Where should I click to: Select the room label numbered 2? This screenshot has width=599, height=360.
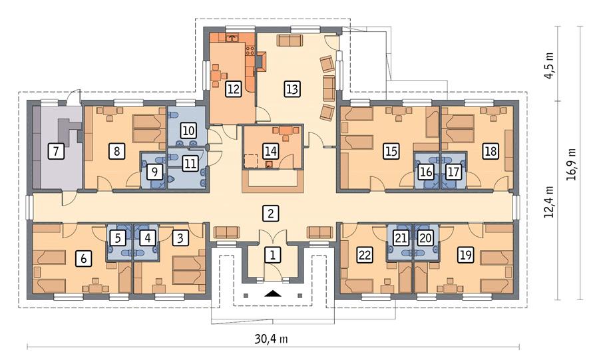pyautogui.click(x=270, y=214)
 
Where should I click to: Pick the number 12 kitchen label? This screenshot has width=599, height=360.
pyautogui.click(x=232, y=89)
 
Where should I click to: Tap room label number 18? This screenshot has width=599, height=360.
pyautogui.click(x=491, y=152)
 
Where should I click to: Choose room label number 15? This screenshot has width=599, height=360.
pyautogui.click(x=391, y=152)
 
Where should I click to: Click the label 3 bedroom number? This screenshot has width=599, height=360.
pyautogui.click(x=180, y=236)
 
